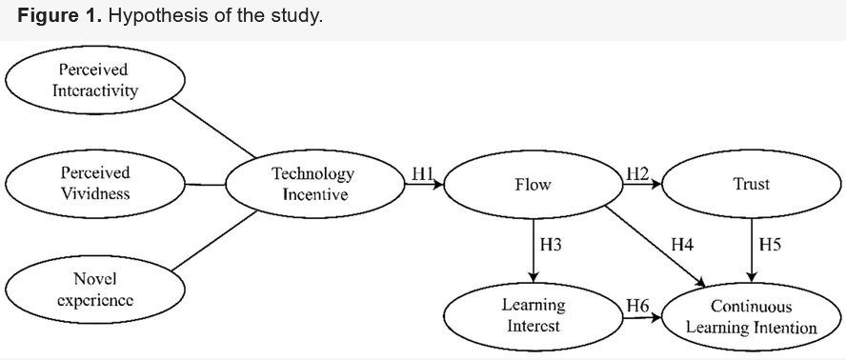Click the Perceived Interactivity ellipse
(93, 81)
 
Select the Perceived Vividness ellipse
(94, 184)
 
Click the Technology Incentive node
(313, 184)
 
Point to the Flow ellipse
(533, 184)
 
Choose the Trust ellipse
(752, 184)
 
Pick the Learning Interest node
(533, 315)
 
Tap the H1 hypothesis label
(423, 173)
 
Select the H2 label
(637, 173)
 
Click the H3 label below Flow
(551, 245)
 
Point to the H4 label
(682, 245)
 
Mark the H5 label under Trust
(770, 245)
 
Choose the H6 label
(637, 305)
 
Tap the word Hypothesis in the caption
(149, 18)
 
